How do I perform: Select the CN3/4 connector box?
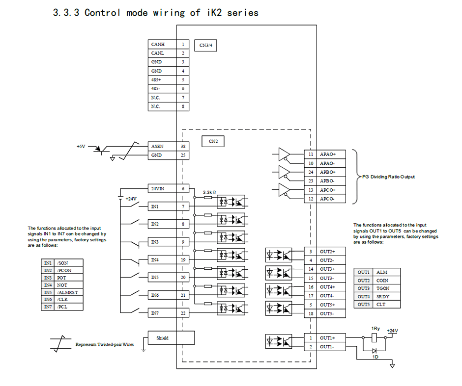205,45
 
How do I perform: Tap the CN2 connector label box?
213,141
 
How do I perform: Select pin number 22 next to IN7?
183,313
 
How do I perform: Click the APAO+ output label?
328,154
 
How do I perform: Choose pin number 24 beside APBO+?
311,172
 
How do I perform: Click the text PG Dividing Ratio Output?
388,177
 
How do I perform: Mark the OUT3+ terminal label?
328,269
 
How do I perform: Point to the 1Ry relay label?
375,328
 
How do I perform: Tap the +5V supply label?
81,146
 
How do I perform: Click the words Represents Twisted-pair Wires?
104,345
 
